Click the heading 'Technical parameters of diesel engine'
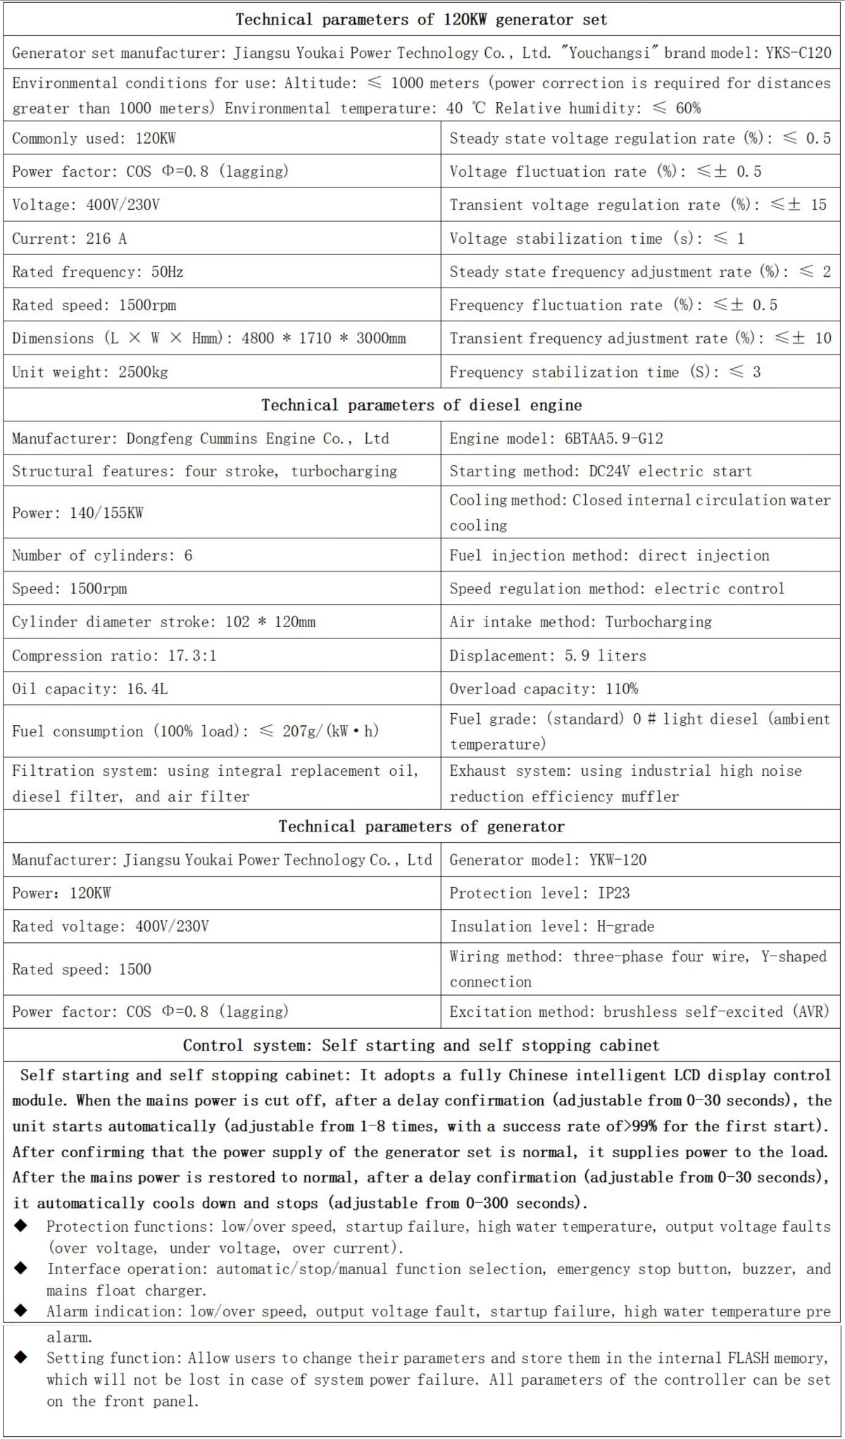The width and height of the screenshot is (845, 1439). pos(422,405)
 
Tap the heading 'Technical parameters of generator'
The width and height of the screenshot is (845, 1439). pos(422,826)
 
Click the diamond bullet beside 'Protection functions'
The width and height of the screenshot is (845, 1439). pos(21,1226)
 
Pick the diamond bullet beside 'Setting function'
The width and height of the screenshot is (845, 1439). pos(21,1357)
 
